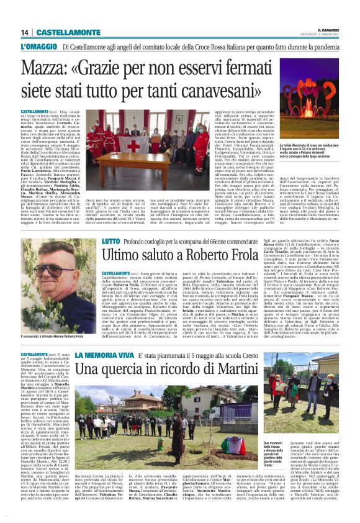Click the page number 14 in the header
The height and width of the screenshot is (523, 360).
(x=24, y=32)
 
